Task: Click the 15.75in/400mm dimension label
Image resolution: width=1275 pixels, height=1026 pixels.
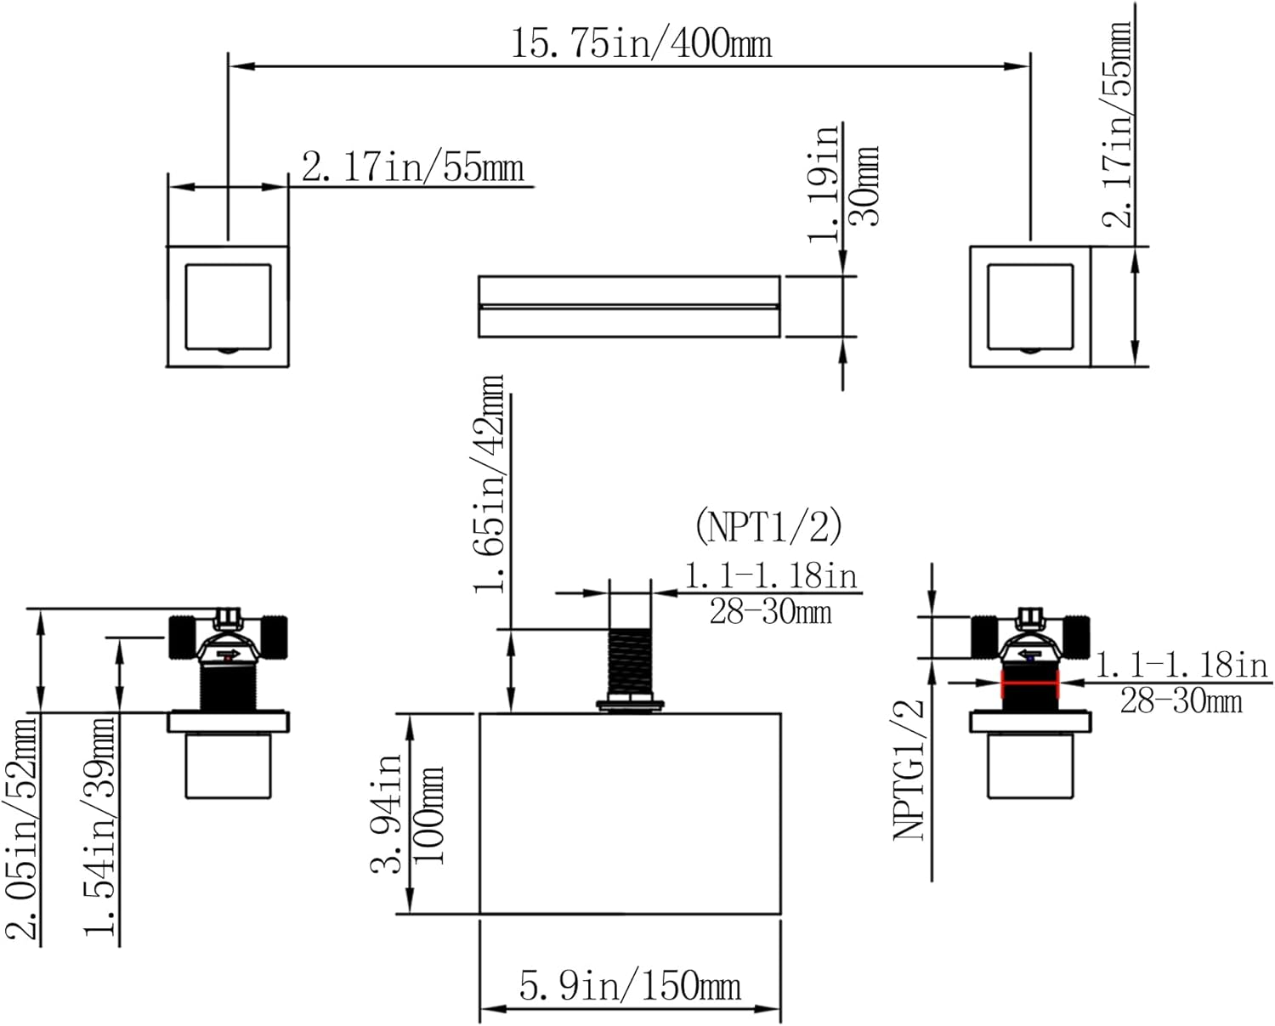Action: pos(641,42)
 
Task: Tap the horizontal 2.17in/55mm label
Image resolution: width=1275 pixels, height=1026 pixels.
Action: pos(413,167)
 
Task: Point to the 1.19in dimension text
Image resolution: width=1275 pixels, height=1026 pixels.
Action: pos(824,182)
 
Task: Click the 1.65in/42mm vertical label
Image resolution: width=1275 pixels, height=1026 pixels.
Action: pos(492,483)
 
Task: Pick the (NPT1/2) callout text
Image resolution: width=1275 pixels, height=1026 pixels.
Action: pos(768,526)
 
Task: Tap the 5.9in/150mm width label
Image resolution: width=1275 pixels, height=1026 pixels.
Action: pos(630,985)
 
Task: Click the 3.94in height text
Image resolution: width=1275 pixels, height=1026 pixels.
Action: pos(387,813)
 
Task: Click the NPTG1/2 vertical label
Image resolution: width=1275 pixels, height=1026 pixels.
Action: pos(909,769)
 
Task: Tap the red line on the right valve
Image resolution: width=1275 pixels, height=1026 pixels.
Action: pos(1030,683)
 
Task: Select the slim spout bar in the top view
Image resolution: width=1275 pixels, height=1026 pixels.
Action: pos(629,306)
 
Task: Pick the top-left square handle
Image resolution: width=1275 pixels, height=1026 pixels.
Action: pos(227,307)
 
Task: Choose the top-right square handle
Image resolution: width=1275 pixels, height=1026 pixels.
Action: pos(1030,307)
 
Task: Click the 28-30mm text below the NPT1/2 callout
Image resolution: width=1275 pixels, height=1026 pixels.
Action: pos(770,611)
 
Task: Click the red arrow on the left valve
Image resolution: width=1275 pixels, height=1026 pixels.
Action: pos(228,655)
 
